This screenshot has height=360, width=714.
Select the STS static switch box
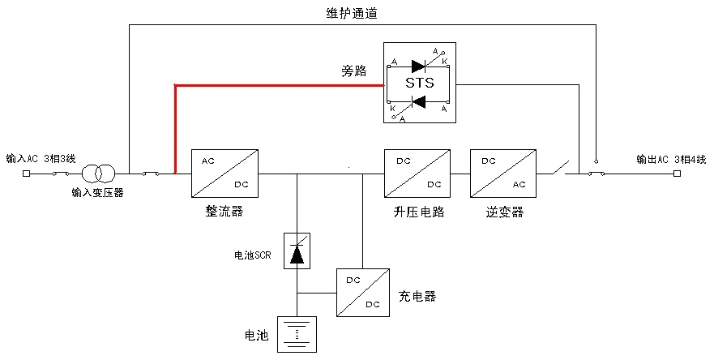419,83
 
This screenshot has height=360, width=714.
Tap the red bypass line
276,84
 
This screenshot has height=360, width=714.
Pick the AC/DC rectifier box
224,173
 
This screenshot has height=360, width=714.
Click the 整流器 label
224,212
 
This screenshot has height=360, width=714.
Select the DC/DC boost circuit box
417,173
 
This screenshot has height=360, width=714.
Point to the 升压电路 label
417,212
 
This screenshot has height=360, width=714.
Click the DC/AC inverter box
502,173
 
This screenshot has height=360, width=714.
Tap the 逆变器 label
505,212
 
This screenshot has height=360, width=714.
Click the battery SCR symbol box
297,250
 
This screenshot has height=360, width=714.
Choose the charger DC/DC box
363,292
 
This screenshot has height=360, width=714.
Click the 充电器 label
417,296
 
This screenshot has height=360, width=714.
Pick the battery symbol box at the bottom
297,334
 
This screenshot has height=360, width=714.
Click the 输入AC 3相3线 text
41,158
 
